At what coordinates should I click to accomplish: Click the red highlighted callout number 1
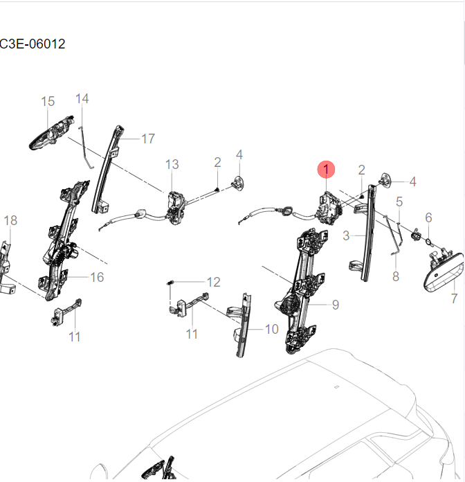[x=326, y=169]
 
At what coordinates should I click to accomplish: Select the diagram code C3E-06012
[x=33, y=44]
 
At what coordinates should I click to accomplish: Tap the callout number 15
[x=47, y=102]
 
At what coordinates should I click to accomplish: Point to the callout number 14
[x=82, y=99]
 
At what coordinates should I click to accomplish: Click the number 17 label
[x=147, y=139]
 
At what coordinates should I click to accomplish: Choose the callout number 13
[x=172, y=164]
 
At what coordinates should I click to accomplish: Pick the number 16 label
[x=97, y=277]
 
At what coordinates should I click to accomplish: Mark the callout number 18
[x=10, y=221]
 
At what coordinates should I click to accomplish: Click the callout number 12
[x=213, y=282]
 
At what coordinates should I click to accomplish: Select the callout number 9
[x=335, y=304]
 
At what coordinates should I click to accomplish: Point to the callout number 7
[x=454, y=299]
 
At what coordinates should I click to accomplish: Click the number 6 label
[x=428, y=217]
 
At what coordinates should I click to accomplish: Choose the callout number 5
[x=399, y=202]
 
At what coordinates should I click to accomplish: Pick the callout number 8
[x=396, y=276]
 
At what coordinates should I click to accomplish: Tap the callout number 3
[x=346, y=235]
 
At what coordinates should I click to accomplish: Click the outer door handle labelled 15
[x=50, y=132]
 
